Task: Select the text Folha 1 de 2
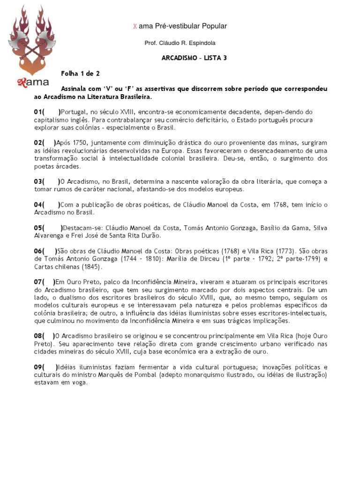80,74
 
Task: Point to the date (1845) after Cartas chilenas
91,267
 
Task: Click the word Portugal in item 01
74,112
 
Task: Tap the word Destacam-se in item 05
79,227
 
